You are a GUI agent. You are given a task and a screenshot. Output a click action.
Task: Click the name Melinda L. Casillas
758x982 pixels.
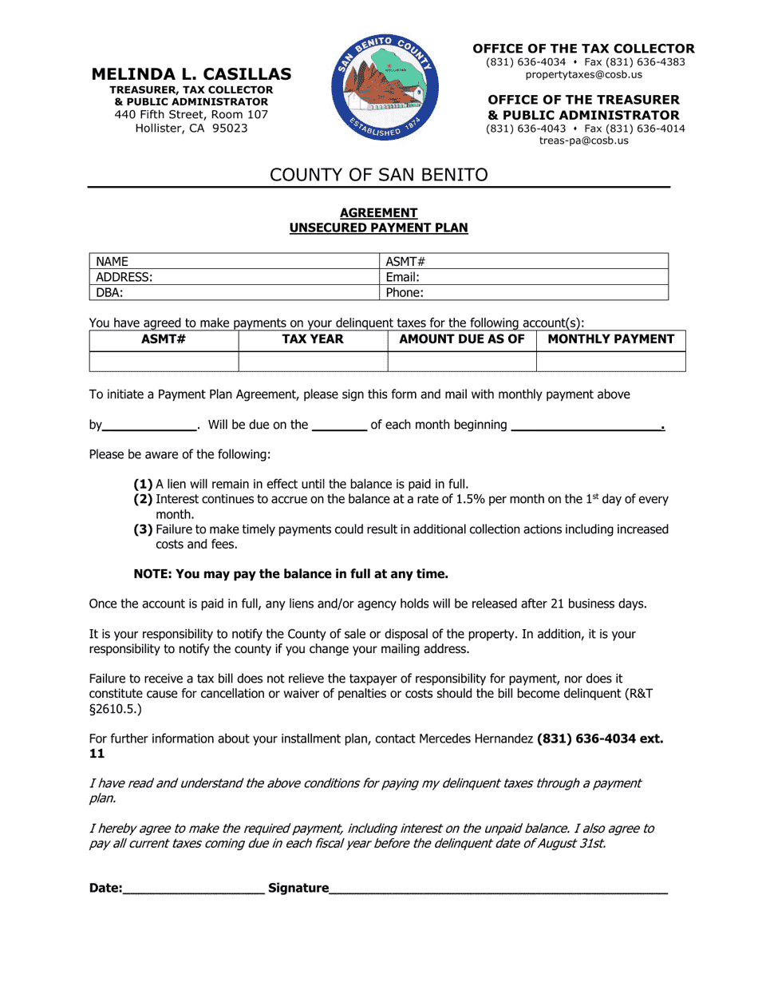pos(191,74)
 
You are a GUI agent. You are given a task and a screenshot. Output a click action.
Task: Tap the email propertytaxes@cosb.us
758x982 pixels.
pos(583,74)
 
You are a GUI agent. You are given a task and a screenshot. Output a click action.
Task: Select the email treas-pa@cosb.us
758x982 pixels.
pos(583,140)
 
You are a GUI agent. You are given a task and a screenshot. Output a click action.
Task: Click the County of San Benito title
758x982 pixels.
pos(378,175)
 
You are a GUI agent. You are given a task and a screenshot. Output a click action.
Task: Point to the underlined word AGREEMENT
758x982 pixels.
pos(378,213)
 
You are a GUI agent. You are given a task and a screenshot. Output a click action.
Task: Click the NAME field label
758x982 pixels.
pos(113,262)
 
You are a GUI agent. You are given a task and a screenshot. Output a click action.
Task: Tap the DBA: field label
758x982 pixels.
pos(109,292)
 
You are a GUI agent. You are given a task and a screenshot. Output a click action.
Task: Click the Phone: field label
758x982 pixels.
pos(405,292)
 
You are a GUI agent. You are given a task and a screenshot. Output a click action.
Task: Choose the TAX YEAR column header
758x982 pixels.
pos(313,339)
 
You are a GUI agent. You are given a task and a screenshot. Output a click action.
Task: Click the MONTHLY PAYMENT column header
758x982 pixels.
pos(611,339)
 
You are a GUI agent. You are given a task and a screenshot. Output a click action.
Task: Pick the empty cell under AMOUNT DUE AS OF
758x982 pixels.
pos(461,362)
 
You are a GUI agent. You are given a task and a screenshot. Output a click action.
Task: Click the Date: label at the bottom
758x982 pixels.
pos(105,888)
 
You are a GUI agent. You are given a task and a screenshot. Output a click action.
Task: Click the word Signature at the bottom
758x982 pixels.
pos(298,888)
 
